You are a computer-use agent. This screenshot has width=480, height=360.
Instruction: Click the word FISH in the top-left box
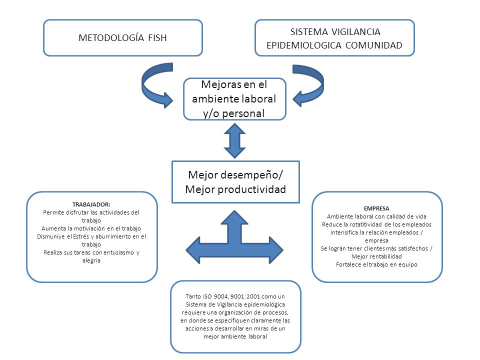pos(157,37)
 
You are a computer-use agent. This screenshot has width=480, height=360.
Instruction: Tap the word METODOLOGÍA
pos(111,37)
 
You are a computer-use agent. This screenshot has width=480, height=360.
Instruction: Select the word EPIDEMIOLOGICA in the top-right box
pos(303,45)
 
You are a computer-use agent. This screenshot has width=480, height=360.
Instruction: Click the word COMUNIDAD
pos(374,45)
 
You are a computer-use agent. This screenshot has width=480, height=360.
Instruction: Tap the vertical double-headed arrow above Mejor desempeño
pos(235,141)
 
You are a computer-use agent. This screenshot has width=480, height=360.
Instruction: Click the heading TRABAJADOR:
pos(91,204)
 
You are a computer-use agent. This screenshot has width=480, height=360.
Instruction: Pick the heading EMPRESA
pos(376,208)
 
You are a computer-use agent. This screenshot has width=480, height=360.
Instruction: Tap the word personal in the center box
pos(243,113)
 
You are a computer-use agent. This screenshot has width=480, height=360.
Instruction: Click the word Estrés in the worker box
pos(81,236)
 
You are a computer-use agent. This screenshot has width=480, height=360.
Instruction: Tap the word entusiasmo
pos(118,252)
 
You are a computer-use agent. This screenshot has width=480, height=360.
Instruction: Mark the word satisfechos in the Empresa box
pos(413,248)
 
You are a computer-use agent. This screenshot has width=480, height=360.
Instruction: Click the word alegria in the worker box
pos(91,261)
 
